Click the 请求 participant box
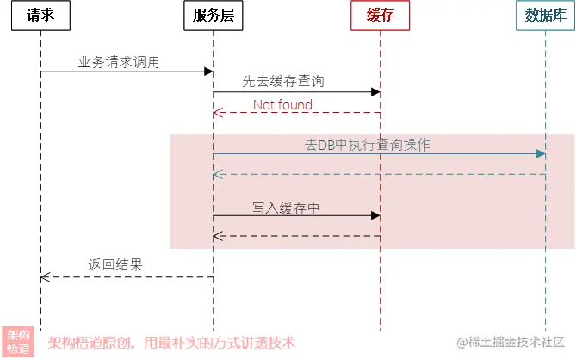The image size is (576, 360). (x=40, y=16)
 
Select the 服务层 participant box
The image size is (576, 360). (x=214, y=16)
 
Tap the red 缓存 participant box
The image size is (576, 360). (x=380, y=16)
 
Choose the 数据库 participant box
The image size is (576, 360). (x=545, y=16)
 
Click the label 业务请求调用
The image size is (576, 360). (x=119, y=62)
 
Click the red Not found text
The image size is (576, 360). (x=282, y=104)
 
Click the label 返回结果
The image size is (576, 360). (x=115, y=265)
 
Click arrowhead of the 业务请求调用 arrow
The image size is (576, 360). (x=208, y=71)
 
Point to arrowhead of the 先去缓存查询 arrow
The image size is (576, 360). (x=375, y=92)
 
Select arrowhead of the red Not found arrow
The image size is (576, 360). (x=218, y=113)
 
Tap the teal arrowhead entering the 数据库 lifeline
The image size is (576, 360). (x=541, y=154)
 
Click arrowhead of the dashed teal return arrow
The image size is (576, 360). (x=218, y=175)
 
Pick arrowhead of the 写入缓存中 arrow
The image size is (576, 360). (x=375, y=216)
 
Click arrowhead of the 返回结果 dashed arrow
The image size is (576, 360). (x=45, y=277)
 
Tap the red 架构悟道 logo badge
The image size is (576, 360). (x=18, y=342)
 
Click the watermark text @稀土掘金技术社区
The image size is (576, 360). (x=511, y=343)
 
